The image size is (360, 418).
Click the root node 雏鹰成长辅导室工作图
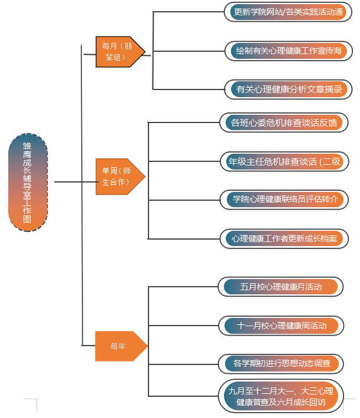click(28, 182)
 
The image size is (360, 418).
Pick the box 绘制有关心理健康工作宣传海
click(288, 51)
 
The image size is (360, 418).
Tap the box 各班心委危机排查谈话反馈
click(284, 122)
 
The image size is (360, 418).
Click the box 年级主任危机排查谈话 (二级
click(284, 161)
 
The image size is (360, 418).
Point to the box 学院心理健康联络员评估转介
click(284, 199)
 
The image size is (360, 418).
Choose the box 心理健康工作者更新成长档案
click(284, 238)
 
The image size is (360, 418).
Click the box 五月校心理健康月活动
click(280, 287)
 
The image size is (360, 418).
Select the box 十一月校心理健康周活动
click(280, 325)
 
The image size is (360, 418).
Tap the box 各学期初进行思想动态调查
click(280, 363)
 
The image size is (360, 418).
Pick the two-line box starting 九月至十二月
click(280, 396)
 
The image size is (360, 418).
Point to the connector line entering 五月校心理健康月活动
click(183, 287)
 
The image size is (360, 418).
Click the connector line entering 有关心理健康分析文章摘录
click(189, 89)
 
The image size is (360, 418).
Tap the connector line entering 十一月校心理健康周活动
click(183, 325)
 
